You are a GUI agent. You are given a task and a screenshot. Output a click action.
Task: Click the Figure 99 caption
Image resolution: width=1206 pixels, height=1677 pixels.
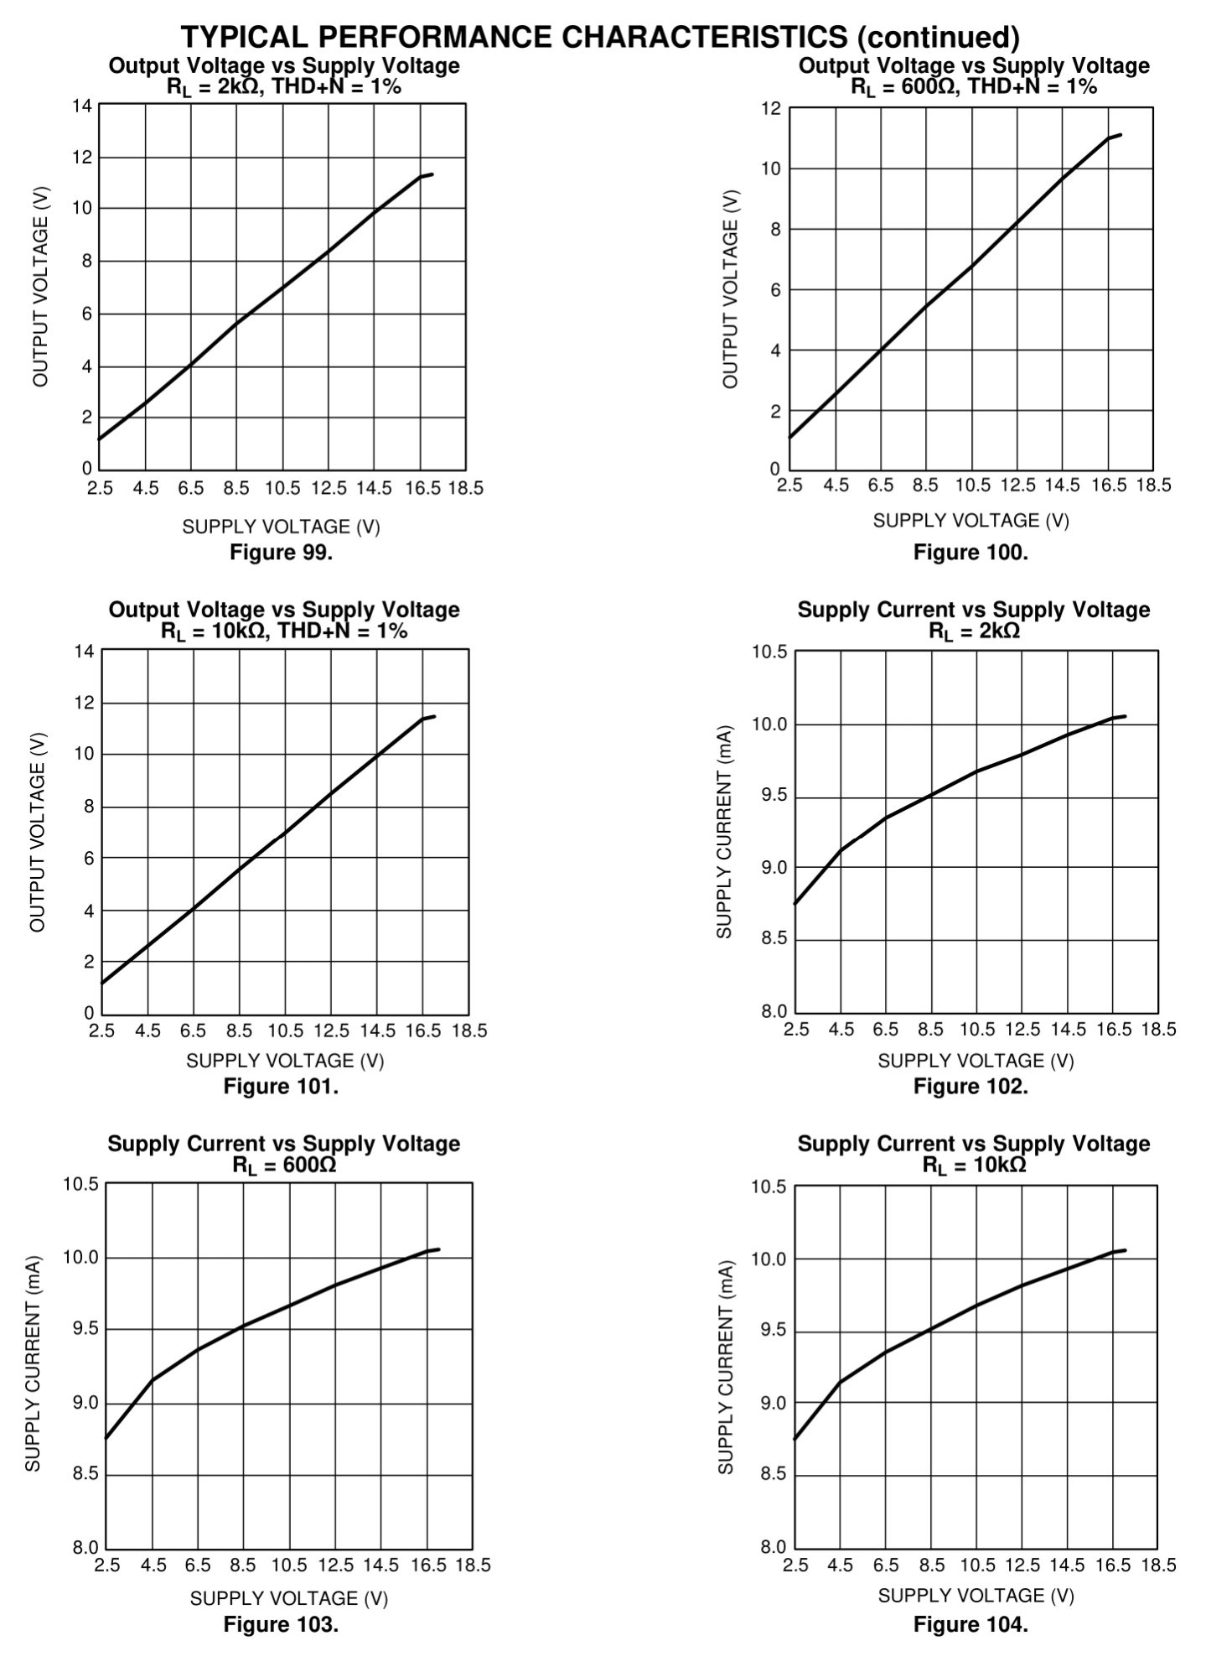pos(281,553)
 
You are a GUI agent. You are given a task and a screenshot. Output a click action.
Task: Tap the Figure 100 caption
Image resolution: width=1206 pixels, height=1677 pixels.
pos(970,553)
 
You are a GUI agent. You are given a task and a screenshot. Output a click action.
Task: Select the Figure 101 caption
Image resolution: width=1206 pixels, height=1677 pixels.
pos(281,1087)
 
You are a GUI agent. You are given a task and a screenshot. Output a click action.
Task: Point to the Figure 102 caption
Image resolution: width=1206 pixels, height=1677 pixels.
pos(970,1087)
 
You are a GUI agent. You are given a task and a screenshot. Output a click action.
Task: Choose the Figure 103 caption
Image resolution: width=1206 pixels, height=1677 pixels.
pos(281,1624)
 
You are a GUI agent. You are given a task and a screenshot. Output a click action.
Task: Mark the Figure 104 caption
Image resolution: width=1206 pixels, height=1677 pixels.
pos(970,1624)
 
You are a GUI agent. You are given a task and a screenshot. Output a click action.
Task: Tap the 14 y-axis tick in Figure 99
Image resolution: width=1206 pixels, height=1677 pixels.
pos(81,105)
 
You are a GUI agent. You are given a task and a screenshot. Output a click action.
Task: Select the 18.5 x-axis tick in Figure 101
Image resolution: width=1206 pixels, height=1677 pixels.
pos(468,1031)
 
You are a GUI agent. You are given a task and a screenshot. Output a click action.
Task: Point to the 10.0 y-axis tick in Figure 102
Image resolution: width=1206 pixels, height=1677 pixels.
pos(769,724)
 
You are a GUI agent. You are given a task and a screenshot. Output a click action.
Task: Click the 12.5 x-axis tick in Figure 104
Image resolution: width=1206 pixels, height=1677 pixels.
pos(1022,1565)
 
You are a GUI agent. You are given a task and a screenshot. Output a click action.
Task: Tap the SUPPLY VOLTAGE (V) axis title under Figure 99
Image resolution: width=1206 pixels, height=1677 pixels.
pos(281,527)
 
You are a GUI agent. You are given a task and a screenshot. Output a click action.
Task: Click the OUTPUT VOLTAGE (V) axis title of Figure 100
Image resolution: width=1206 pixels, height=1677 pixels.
pos(730,288)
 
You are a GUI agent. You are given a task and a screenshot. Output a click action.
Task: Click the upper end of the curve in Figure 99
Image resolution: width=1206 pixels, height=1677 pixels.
pos(432,174)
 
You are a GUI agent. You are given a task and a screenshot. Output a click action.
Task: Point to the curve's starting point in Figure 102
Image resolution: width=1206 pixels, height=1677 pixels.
pos(795,903)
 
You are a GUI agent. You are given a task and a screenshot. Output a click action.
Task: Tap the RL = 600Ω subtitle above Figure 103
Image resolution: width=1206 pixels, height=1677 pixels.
pos(284,1165)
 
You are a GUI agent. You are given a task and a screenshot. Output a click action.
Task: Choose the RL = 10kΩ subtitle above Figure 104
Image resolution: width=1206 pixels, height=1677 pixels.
pos(974,1165)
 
